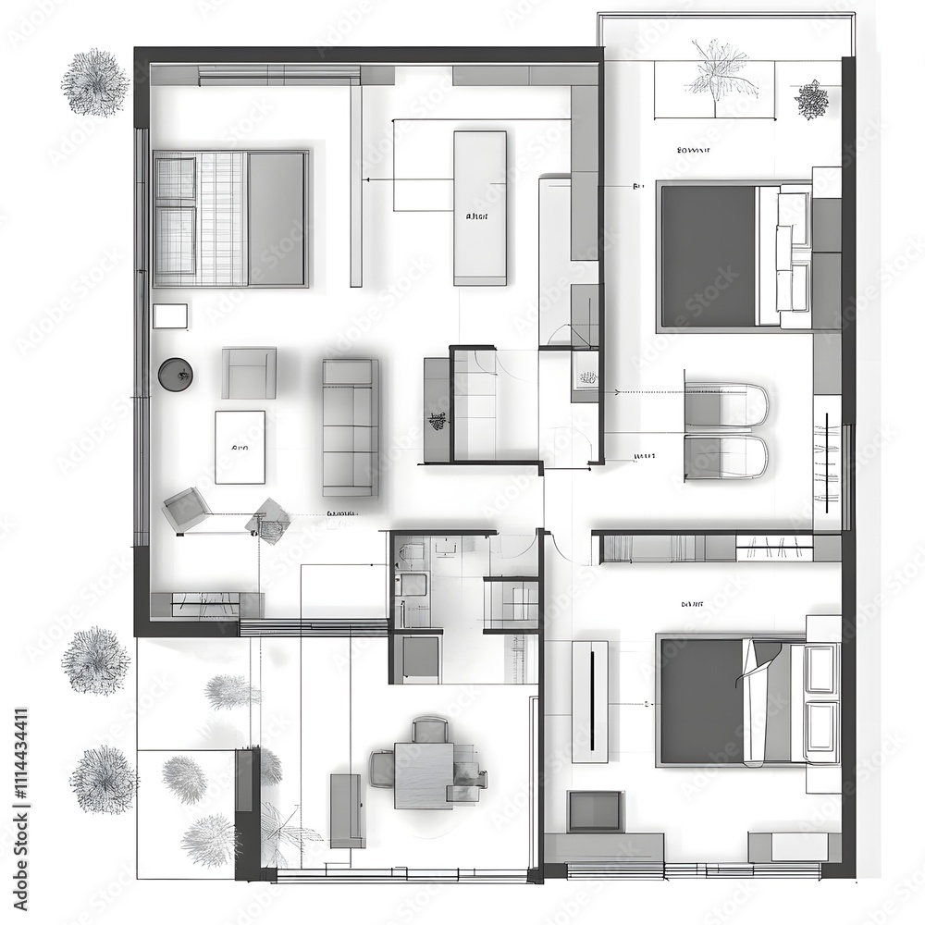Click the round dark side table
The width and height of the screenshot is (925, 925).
coord(175,375)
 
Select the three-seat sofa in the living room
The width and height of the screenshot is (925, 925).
coord(350,427)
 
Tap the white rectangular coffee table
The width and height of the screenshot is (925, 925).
coord(240,447)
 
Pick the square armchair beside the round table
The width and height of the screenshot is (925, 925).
coord(249,373)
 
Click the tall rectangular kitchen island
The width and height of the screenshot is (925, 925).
coord(480,208)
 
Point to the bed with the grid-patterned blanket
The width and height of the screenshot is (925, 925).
coord(230,218)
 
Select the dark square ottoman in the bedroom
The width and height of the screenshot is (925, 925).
coord(595,810)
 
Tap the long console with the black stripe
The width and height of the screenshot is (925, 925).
coord(590,701)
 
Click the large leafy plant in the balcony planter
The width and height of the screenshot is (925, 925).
coord(718,72)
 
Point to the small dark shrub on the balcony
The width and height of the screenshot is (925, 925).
coord(811,99)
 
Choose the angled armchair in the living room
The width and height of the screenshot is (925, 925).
coord(185,509)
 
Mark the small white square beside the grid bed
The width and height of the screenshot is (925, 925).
coord(170,315)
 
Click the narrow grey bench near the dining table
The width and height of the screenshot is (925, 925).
coord(347,810)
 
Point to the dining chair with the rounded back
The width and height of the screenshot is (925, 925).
coord(430,730)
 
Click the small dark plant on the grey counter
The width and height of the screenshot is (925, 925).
coord(438,422)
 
